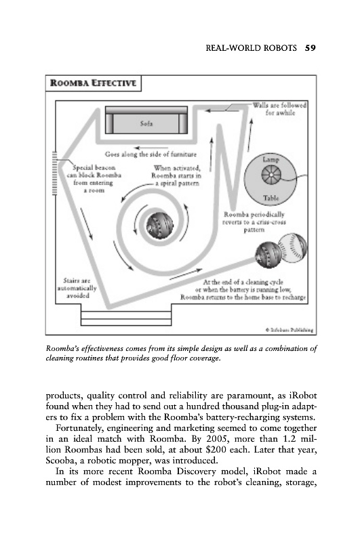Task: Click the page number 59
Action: click(311, 47)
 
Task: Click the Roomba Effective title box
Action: click(94, 83)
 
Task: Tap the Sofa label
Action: click(146, 123)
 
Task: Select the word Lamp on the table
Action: click(271, 159)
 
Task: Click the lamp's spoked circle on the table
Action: click(271, 175)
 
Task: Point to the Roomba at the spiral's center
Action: click(159, 226)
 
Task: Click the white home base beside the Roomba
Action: click(293, 247)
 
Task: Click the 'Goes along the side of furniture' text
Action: click(151, 154)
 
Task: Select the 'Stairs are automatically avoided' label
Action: click(77, 288)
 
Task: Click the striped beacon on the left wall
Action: click(54, 173)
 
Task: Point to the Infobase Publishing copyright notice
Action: click(289, 330)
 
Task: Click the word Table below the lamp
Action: click(271, 198)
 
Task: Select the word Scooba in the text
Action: click(61, 461)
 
